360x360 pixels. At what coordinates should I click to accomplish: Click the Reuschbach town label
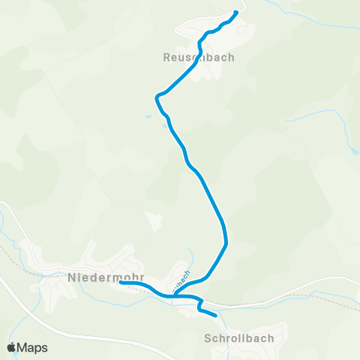click(x=199, y=57)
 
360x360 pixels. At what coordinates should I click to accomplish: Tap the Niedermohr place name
click(x=106, y=277)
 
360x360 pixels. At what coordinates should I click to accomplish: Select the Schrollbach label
click(x=239, y=338)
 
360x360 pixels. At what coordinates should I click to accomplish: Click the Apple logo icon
click(x=11, y=347)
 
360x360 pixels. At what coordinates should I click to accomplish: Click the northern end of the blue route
click(x=236, y=12)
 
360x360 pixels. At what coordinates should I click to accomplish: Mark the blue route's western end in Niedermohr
click(x=120, y=283)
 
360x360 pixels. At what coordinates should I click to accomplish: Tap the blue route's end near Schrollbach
click(x=217, y=316)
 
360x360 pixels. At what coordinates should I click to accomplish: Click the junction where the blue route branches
click(x=174, y=295)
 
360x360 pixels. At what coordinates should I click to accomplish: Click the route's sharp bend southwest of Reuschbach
click(x=156, y=97)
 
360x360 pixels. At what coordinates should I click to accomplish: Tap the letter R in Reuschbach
click(x=166, y=57)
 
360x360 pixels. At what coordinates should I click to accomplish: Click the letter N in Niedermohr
click(x=72, y=277)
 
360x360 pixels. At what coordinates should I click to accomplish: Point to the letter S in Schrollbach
click(x=208, y=338)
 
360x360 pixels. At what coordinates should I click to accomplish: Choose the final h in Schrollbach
click(x=271, y=338)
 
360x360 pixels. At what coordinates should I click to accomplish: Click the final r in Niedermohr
click(x=141, y=277)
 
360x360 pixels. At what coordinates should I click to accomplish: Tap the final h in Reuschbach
click(x=231, y=57)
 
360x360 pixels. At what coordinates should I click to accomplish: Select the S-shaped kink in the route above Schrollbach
click(x=200, y=304)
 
